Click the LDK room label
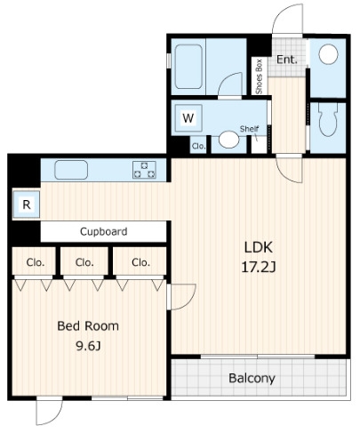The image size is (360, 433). pos(258,247)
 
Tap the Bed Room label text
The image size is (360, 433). pos(88,326)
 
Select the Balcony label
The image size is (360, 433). pos(252,379)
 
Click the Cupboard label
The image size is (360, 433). pos(104,231)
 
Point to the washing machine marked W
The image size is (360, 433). pos(188,118)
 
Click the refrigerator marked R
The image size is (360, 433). pos(27,204)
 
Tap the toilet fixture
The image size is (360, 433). pos(328,119)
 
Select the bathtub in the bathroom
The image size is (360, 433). pos(188,67)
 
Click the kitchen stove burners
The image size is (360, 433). pos(144,170)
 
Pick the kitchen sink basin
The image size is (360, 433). pos(71,170)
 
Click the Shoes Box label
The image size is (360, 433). pos(259,76)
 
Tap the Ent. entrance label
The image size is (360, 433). pos(287,60)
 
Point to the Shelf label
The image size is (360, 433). pos(249,129)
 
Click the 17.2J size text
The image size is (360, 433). pos(259,268)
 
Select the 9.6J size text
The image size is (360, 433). pos(88,346)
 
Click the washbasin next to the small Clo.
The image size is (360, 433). pos(228,140)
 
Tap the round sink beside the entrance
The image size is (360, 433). pos(328,54)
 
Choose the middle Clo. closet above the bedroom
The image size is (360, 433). pos(84,262)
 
